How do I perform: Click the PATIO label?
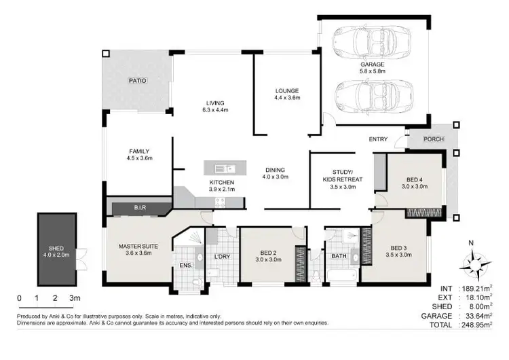pos(138,80)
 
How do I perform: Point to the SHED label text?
pos(56,248)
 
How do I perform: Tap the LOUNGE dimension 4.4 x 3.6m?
pos(287,98)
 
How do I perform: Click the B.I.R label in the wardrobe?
pos(140,207)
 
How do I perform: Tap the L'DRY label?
pos(221,257)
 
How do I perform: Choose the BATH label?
pos(339,257)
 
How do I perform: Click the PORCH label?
pos(433,141)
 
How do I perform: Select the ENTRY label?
pos(378,139)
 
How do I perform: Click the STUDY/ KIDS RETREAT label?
pos(343,175)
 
